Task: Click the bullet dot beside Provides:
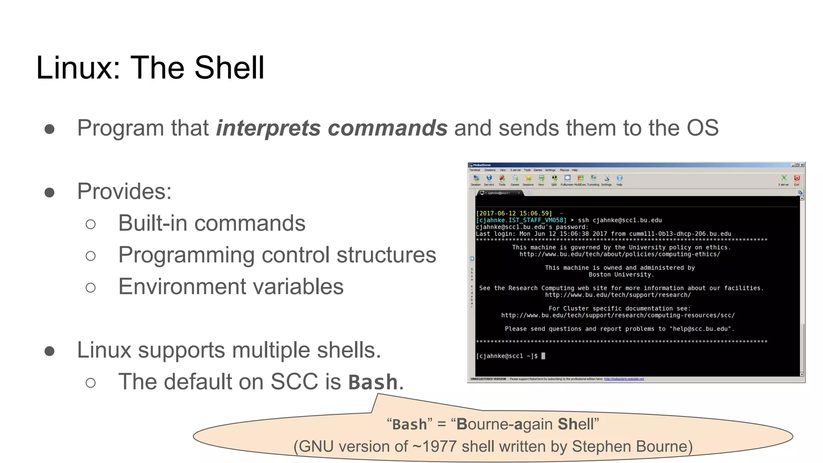pos(49,192)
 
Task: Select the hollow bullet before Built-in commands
pos(91,224)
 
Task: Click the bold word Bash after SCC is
pos(373,382)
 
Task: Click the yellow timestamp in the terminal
pos(514,213)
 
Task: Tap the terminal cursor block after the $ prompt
pos(543,356)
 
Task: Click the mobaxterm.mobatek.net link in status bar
pos(624,379)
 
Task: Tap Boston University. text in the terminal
pos(621,275)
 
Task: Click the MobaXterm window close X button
pos(802,165)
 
